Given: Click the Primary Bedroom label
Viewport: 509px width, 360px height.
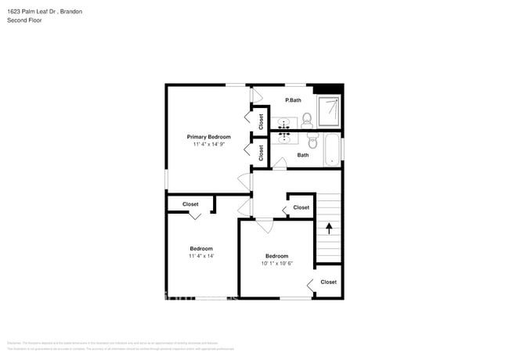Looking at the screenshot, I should [x=208, y=136].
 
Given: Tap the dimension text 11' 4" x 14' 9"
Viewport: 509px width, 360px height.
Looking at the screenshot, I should [x=208, y=145].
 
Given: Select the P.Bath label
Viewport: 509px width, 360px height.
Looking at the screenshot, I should [x=293, y=100].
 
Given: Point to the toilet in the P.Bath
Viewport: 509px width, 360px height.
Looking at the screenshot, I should [x=307, y=120].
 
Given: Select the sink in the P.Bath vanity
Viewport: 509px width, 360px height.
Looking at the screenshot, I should [x=285, y=123].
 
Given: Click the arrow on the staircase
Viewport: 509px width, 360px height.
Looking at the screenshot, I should [x=329, y=229].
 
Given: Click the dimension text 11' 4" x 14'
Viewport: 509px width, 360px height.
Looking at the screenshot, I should [x=200, y=257].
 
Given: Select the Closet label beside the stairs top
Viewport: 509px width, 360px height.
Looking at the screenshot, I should [x=301, y=207].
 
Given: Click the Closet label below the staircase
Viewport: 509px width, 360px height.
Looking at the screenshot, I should [x=328, y=282].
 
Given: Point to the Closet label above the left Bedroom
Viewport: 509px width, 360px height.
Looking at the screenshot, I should [x=190, y=204].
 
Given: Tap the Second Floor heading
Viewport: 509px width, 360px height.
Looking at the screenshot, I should [x=25, y=20].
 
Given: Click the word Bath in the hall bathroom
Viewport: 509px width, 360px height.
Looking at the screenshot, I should [x=303, y=155].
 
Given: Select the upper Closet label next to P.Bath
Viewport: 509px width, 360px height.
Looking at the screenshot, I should [x=261, y=121].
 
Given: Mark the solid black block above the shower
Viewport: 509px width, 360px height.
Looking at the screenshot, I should [x=334, y=88].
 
